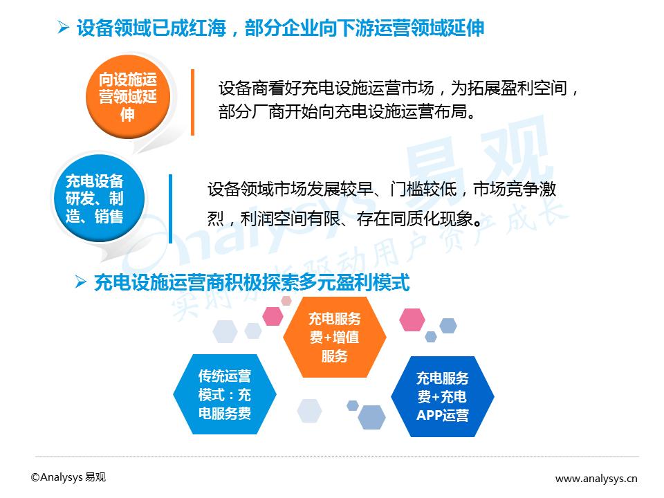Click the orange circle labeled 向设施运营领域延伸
(x=128, y=97)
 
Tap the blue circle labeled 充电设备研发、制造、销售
(x=99, y=199)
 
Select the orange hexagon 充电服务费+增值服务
(x=335, y=337)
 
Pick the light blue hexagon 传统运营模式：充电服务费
(x=225, y=394)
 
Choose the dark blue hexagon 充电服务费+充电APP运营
(x=443, y=396)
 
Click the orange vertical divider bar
(x=193, y=102)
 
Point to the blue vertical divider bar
(x=171, y=209)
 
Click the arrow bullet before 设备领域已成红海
(x=64, y=28)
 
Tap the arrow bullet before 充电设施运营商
(x=80, y=282)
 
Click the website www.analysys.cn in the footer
(x=596, y=479)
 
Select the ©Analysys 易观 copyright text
(x=68, y=477)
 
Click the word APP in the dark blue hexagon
(x=429, y=415)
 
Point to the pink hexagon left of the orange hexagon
(x=273, y=316)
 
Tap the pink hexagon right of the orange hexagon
(x=412, y=320)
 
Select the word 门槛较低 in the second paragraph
(x=423, y=190)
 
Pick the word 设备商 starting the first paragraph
(x=243, y=89)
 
